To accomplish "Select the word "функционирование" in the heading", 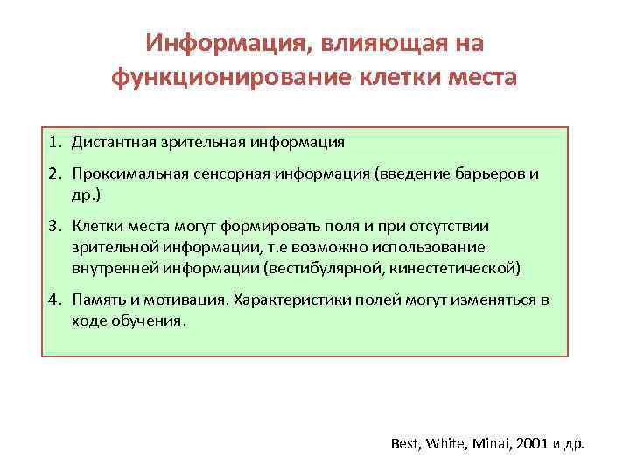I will (x=222, y=79).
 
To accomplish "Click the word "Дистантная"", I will (x=112, y=140).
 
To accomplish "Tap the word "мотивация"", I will (x=180, y=300).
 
